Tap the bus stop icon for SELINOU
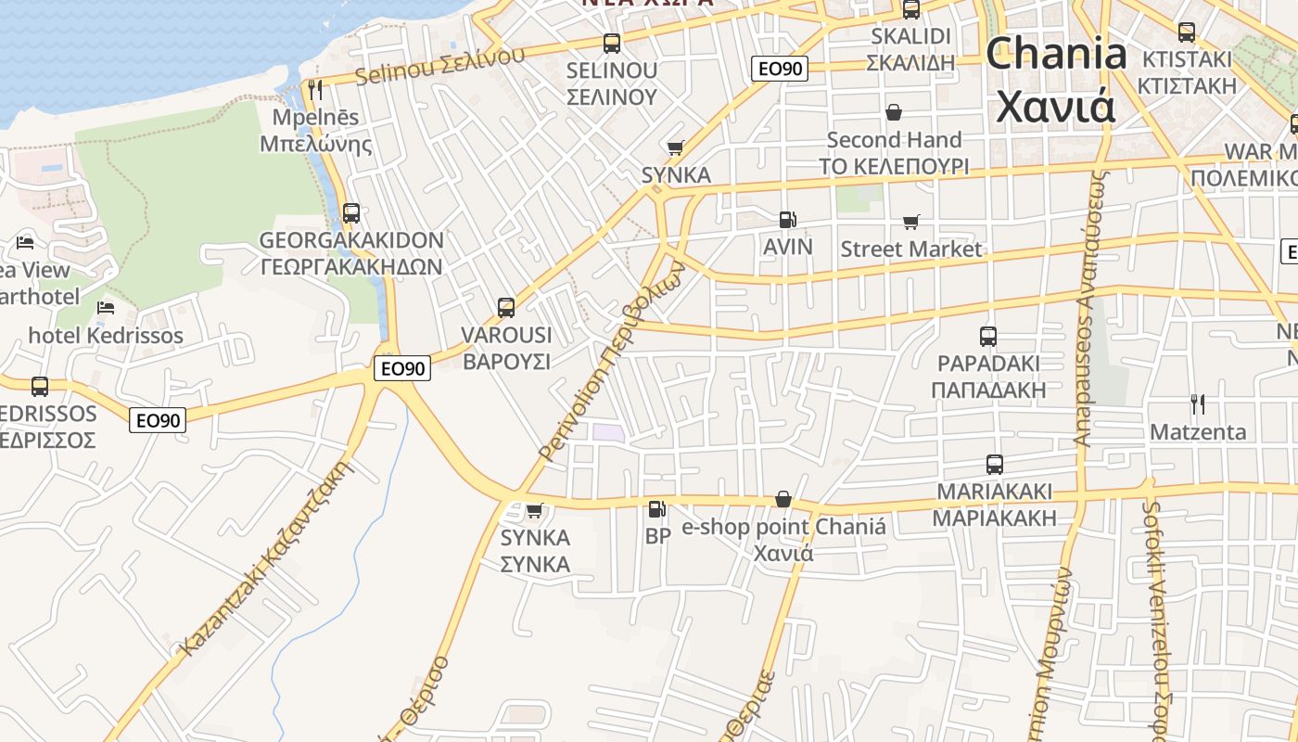(x=611, y=43)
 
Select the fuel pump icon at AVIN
(x=787, y=220)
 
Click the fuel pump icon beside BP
(x=656, y=508)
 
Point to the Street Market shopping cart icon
(x=910, y=222)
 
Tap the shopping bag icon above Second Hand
(x=894, y=112)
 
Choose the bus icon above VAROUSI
(x=505, y=307)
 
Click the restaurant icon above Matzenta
(x=1198, y=403)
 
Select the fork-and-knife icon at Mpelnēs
(x=315, y=90)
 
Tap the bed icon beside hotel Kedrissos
(x=107, y=307)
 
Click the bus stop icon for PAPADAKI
(x=988, y=336)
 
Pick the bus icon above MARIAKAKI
(x=995, y=464)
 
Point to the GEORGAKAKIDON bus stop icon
(x=350, y=212)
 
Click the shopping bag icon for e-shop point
(x=783, y=499)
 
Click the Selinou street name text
(x=439, y=64)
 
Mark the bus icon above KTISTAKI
(x=1186, y=32)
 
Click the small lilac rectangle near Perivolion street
(x=608, y=431)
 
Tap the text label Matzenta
(x=1198, y=432)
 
